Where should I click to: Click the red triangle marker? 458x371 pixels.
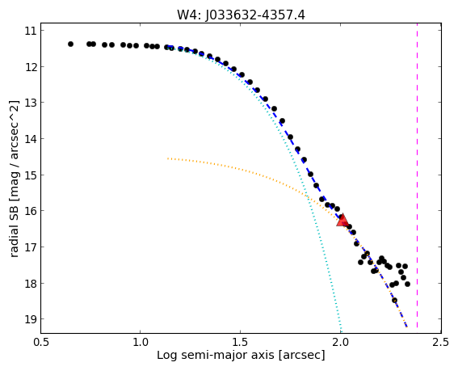click(x=342, y=221)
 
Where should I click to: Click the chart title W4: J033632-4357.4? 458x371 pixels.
click(x=241, y=15)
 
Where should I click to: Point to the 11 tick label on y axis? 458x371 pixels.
click(x=30, y=31)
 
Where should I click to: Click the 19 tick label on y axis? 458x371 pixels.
click(x=30, y=318)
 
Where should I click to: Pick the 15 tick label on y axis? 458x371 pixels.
click(x=30, y=175)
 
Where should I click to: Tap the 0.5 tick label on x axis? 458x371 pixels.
click(x=40, y=342)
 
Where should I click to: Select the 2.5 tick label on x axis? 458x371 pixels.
click(x=441, y=342)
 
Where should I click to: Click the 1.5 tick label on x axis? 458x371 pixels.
click(x=240, y=342)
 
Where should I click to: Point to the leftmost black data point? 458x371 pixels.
click(x=70, y=44)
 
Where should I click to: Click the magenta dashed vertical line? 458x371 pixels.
click(x=417, y=175)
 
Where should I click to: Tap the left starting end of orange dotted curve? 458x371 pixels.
click(x=168, y=158)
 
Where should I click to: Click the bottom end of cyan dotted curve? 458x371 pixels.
click(x=341, y=332)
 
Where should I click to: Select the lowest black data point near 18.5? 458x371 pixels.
click(x=395, y=300)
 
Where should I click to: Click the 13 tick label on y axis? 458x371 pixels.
click(x=30, y=103)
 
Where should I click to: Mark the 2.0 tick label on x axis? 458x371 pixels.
click(x=340, y=342)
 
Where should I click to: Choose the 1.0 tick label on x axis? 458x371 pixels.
click(x=141, y=342)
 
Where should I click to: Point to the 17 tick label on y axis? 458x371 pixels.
click(x=30, y=247)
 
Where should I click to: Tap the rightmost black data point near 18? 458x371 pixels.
click(x=407, y=284)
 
